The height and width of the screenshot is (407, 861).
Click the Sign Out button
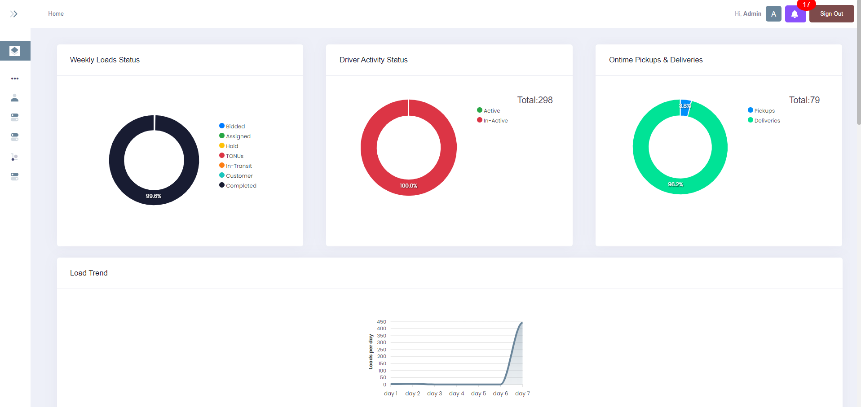point(831,14)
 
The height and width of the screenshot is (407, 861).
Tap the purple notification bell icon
point(795,14)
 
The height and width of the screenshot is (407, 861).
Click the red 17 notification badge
point(806,5)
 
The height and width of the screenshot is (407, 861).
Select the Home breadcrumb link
point(56,14)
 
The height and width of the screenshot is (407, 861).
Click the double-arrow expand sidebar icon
point(14,14)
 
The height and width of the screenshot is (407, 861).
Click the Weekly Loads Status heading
point(105,60)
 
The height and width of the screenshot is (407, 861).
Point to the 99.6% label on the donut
point(154,196)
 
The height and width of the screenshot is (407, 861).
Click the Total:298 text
point(534,100)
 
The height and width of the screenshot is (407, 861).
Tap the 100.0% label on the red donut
point(409,186)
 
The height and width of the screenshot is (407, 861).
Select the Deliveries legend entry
point(767,121)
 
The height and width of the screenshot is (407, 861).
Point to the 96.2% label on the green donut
point(676,184)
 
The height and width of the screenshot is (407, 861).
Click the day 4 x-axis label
point(456,394)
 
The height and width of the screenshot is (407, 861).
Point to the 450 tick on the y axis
point(381,322)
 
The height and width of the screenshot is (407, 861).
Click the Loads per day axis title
point(371,351)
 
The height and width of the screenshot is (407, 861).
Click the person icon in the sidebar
point(14,98)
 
